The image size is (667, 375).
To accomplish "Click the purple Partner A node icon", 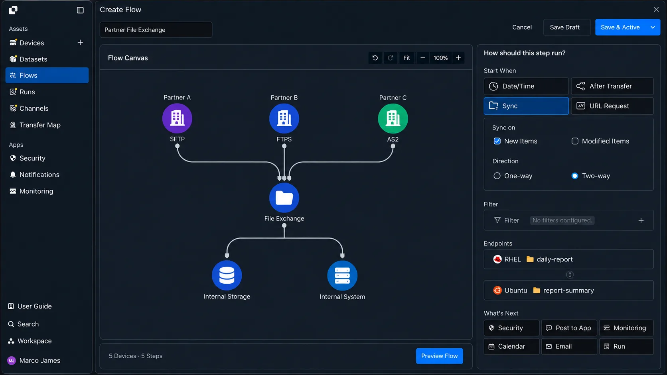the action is tap(177, 118).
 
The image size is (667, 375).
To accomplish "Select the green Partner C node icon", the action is tap(393, 119).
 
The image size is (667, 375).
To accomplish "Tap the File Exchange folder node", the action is tap(284, 198).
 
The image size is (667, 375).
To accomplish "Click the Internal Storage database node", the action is tap(227, 275).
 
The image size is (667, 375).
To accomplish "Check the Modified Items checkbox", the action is tap(575, 141).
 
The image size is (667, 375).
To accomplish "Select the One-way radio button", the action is tap(497, 176).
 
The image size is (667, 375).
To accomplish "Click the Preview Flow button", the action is tap(439, 356).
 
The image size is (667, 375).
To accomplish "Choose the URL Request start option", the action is tap(612, 106).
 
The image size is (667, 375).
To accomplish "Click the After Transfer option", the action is tap(612, 86).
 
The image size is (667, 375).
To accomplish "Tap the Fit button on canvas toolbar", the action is tap(407, 58).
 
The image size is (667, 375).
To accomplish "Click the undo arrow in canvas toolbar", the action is tap(375, 58).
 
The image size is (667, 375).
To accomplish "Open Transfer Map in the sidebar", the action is tap(39, 125).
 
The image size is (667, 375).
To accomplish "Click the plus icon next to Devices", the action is tap(80, 43).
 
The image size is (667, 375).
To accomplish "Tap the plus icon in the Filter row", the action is tap(641, 220).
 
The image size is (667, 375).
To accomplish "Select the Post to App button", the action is tap(569, 328).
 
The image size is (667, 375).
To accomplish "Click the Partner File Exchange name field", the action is tap(156, 30).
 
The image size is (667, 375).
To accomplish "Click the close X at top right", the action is tap(656, 10).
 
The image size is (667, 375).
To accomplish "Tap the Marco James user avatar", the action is tap(12, 361).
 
